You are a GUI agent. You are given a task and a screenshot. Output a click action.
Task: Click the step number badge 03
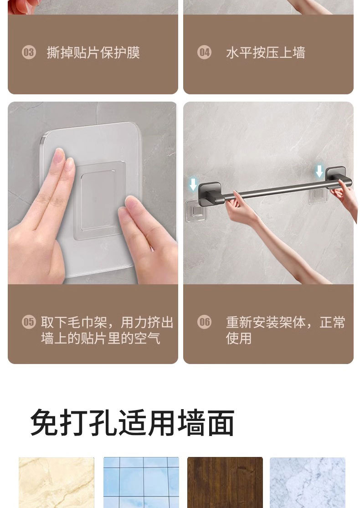pyautogui.click(x=29, y=52)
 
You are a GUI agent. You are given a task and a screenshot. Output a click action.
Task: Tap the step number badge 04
pyautogui.click(x=204, y=52)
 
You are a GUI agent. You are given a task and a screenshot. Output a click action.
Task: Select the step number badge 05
pyautogui.click(x=29, y=322)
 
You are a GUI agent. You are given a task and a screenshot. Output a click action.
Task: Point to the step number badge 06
pyautogui.click(x=204, y=322)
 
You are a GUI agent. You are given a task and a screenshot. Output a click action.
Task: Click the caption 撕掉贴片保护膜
pyautogui.click(x=93, y=53)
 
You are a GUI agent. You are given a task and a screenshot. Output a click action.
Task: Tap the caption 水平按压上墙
pyautogui.click(x=265, y=53)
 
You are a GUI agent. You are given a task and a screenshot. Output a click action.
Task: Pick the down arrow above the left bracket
pyautogui.click(x=193, y=184)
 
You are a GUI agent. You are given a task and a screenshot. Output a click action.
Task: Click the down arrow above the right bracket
pyautogui.click(x=319, y=171)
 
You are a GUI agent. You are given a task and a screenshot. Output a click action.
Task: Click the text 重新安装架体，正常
pyautogui.click(x=285, y=323)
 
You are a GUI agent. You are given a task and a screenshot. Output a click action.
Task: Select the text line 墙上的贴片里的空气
pyautogui.click(x=100, y=338)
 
